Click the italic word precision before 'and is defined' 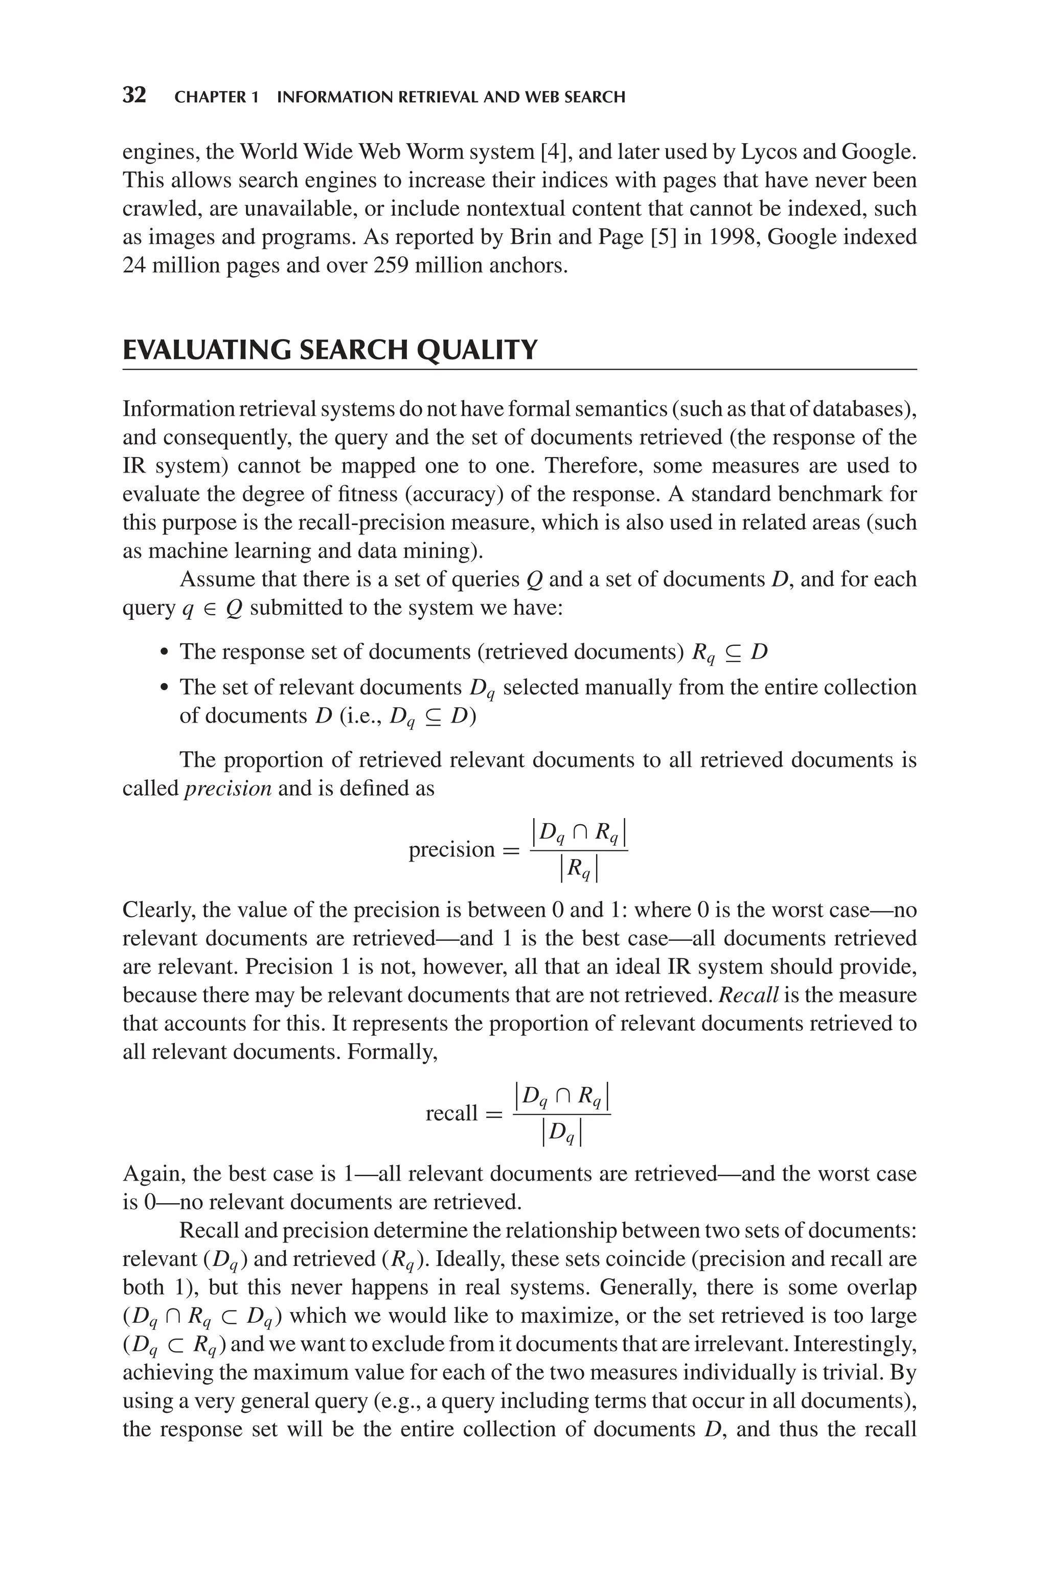coord(227,788)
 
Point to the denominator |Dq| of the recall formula coord(561,1133)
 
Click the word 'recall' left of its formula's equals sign coord(451,1113)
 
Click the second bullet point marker coord(164,688)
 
